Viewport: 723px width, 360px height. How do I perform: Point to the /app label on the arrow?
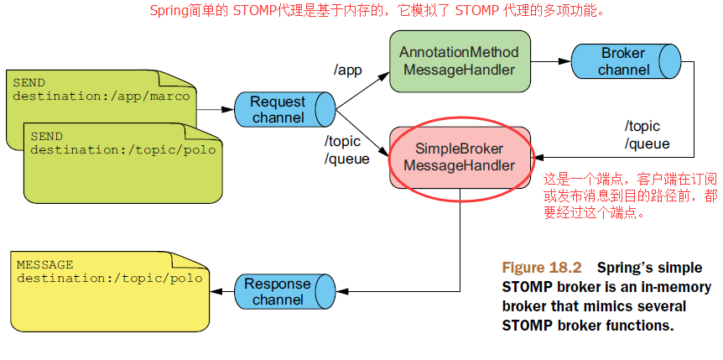[347, 70]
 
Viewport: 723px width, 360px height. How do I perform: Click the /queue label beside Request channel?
[346, 159]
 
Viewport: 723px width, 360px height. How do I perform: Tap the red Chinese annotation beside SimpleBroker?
[630, 196]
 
